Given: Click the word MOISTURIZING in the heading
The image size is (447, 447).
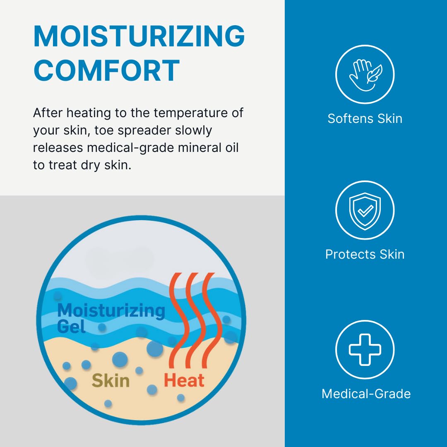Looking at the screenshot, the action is point(139,36).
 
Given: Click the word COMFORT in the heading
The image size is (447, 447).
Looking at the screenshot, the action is point(107,70).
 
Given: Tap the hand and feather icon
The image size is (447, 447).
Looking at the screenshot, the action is point(365,74).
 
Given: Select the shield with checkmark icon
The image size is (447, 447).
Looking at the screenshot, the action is point(365,211).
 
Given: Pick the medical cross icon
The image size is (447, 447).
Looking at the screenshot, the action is point(365,349).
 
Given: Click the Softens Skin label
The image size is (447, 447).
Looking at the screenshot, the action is point(365,119).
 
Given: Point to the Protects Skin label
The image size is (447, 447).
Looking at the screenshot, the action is point(365,254).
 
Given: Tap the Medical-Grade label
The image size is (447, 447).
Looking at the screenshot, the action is point(366,394).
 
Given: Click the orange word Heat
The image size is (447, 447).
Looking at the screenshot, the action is point(184,380).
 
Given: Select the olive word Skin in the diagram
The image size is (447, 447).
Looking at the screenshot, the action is point(111,381).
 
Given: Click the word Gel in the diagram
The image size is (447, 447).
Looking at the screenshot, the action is point(71,327).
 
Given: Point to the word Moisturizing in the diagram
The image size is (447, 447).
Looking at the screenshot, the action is point(111,311).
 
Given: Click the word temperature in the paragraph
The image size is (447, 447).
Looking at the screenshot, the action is point(190,113).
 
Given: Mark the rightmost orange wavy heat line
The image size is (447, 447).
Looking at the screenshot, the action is point(211,320).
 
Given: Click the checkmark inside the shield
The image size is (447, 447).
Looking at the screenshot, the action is point(365,211).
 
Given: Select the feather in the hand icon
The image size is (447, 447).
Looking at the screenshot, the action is point(374,74).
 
